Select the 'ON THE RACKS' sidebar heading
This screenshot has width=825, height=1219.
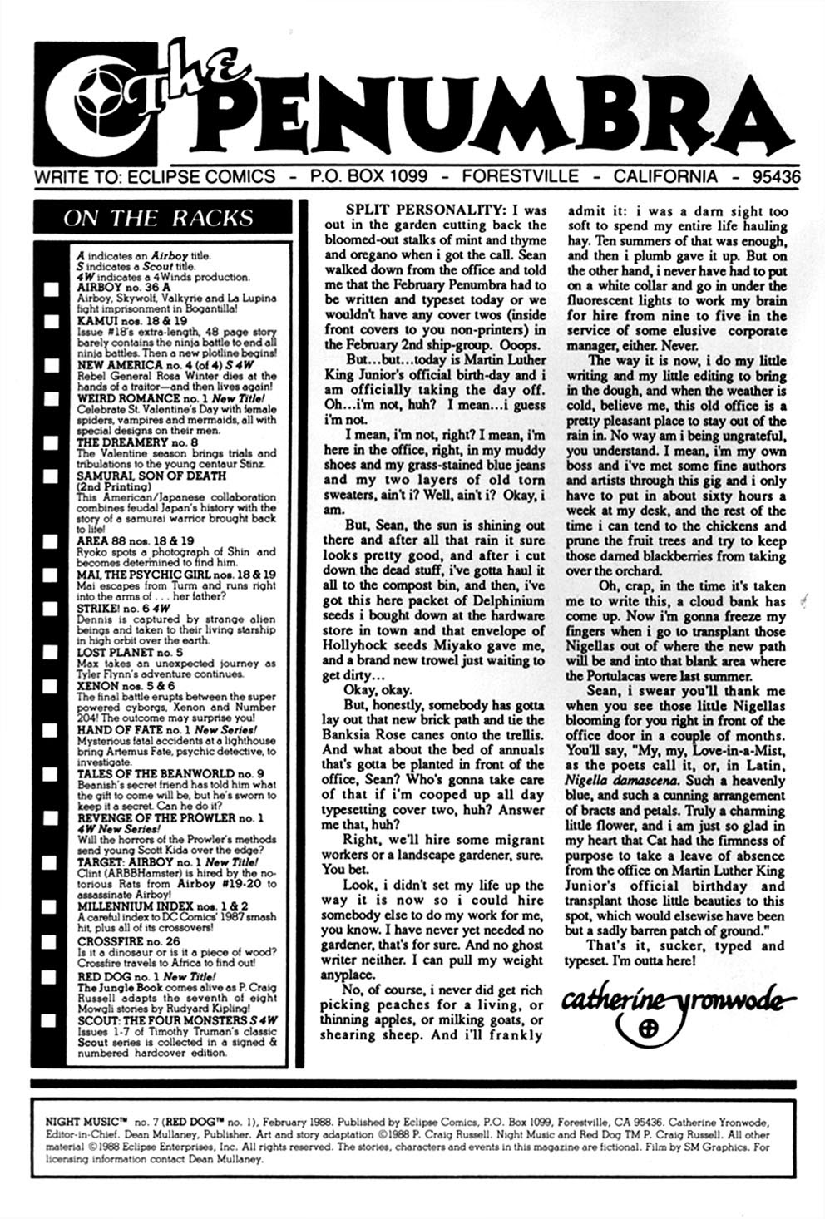click(158, 219)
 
